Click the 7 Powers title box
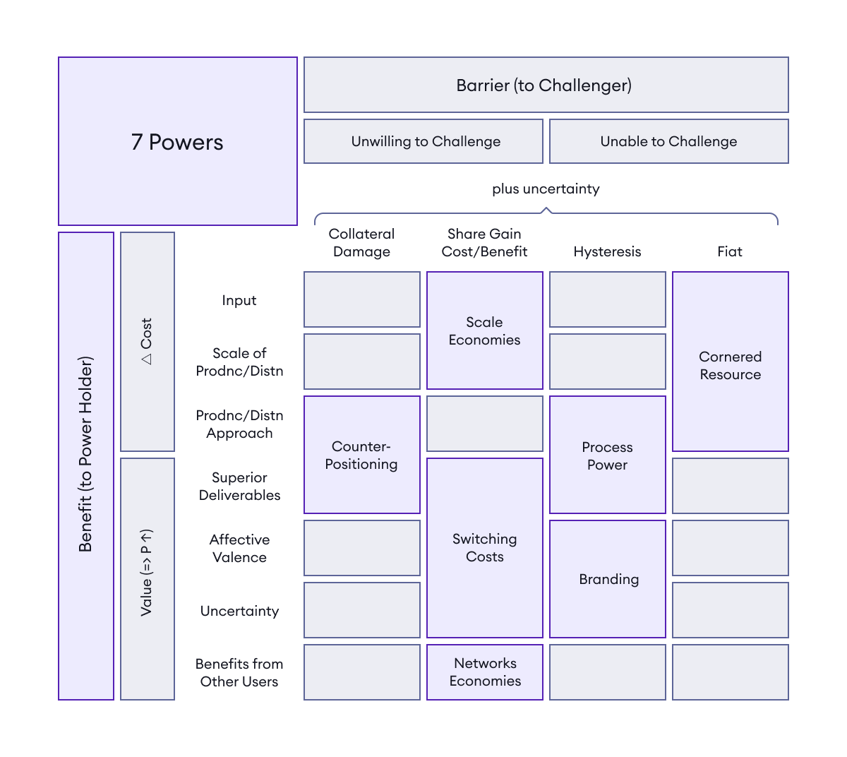pyautogui.click(x=177, y=141)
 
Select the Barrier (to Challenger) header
pyautogui.click(x=546, y=85)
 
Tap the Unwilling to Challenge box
pyautogui.click(x=423, y=141)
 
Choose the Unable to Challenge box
pyautogui.click(x=668, y=141)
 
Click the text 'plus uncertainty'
pyautogui.click(x=546, y=189)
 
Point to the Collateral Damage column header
pyautogui.click(x=361, y=242)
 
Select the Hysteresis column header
pyautogui.click(x=607, y=251)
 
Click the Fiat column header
pyautogui.click(x=729, y=251)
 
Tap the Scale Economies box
pyautogui.click(x=484, y=330)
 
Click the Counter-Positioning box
pyautogui.click(x=361, y=455)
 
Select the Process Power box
pyautogui.click(x=607, y=455)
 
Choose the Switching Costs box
pyautogui.click(x=484, y=547)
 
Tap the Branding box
pyautogui.click(x=608, y=579)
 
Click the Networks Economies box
pyautogui.click(x=484, y=672)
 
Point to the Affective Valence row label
pyautogui.click(x=239, y=548)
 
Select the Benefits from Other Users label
pyautogui.click(x=239, y=672)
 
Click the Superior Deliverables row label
pyautogui.click(x=239, y=486)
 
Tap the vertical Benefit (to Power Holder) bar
pyautogui.click(x=86, y=466)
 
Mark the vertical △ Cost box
pyautogui.click(x=147, y=342)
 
